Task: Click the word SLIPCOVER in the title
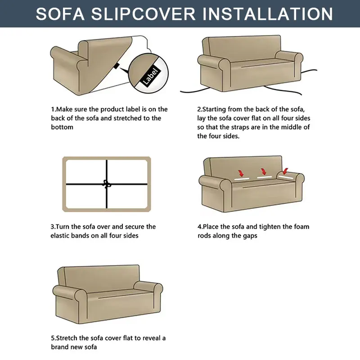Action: click(x=143, y=14)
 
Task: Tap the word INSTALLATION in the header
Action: click(x=268, y=14)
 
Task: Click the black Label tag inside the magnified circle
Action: click(x=150, y=76)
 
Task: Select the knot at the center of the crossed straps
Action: click(x=106, y=184)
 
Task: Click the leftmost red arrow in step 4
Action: click(x=241, y=173)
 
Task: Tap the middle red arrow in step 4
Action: click(x=264, y=171)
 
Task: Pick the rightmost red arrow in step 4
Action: click(x=285, y=171)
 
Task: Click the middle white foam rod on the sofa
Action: click(x=264, y=177)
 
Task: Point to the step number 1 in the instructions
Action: click(x=53, y=109)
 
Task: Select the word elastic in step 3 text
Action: click(x=61, y=236)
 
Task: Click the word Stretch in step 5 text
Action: click(x=67, y=338)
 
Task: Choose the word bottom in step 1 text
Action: click(x=62, y=127)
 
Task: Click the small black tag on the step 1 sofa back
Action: click(x=117, y=66)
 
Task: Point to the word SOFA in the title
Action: click(x=60, y=14)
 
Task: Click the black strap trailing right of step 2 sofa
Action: click(x=309, y=72)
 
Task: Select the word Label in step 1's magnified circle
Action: click(x=150, y=76)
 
